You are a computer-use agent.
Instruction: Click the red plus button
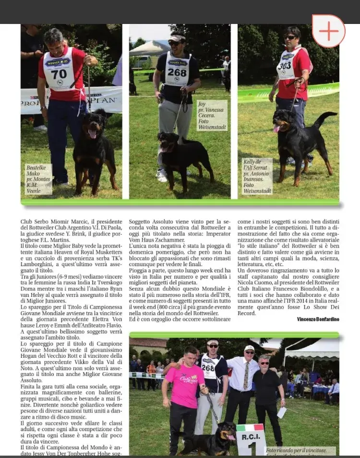pyautogui.click(x=328, y=31)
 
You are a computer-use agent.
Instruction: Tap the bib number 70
pyautogui.click(x=59, y=74)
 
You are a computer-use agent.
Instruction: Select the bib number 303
pyautogui.click(x=284, y=65)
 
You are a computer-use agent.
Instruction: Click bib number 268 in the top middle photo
pyautogui.click(x=177, y=72)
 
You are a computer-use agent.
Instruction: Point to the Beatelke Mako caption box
pyautogui.click(x=39, y=179)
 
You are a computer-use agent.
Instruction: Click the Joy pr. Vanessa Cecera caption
pyautogui.click(x=212, y=116)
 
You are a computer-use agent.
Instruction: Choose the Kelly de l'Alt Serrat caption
pyautogui.click(x=257, y=176)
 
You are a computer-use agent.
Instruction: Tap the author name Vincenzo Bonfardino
pyautogui.click(x=318, y=319)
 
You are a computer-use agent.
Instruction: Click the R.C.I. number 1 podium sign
pyautogui.click(x=251, y=439)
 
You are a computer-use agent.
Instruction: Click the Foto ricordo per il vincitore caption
pyautogui.click(x=300, y=451)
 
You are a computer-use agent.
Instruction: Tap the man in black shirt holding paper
pyautogui.click(x=269, y=393)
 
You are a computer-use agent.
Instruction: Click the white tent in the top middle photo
pyautogui.click(x=150, y=47)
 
